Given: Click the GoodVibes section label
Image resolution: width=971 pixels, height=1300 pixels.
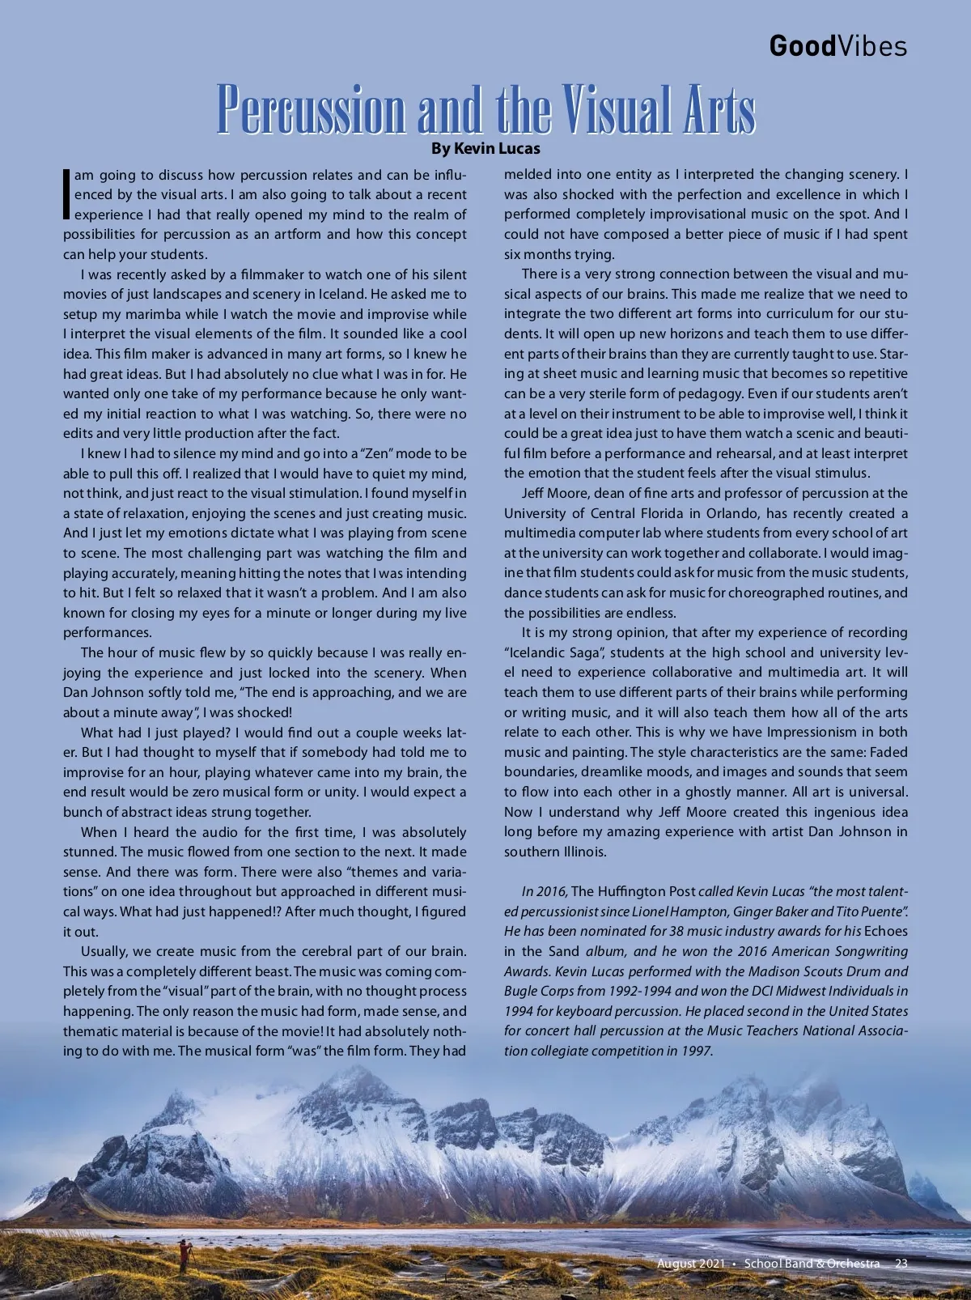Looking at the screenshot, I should click(x=837, y=46).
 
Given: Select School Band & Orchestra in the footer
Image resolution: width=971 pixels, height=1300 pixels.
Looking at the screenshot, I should click(x=812, y=1264).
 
